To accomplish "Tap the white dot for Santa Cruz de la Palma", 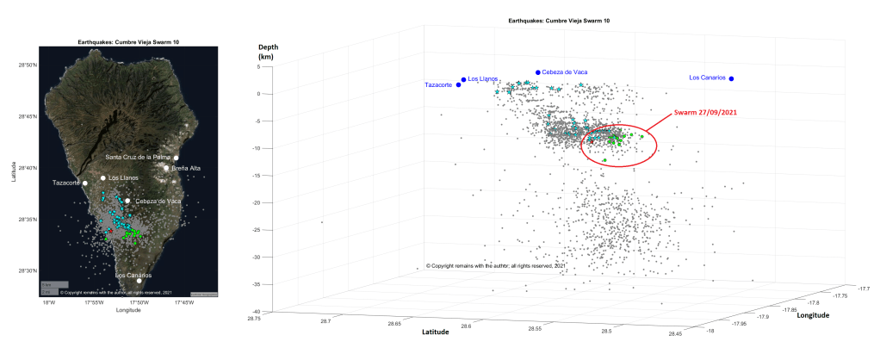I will click(x=176, y=158).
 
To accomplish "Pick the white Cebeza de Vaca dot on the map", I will click(x=127, y=201).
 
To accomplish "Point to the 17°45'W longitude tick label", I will click(x=184, y=302).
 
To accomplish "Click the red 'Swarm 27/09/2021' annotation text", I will click(x=705, y=112).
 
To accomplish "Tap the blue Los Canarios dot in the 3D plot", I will click(x=731, y=78).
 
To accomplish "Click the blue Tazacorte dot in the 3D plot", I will click(x=458, y=85).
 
